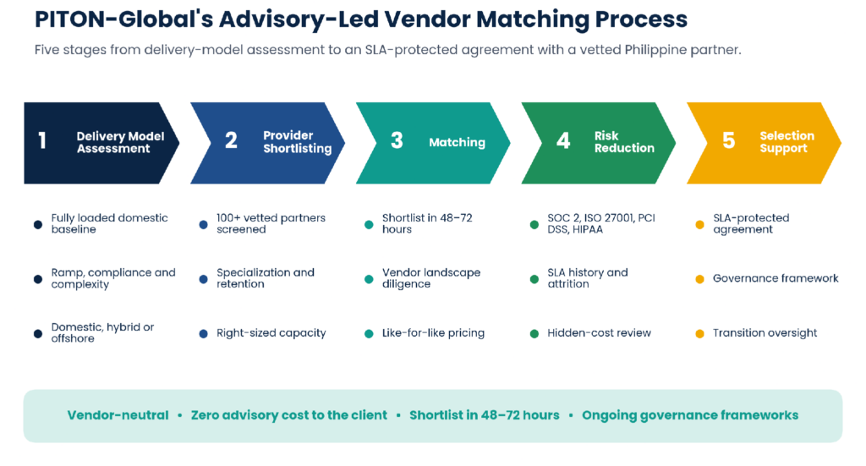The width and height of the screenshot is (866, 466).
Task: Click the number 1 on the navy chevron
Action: (x=42, y=140)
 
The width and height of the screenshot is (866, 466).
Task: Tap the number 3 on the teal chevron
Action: (x=397, y=140)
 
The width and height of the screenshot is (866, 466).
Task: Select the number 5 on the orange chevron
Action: (x=728, y=140)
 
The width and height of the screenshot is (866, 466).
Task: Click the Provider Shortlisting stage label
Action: (x=297, y=142)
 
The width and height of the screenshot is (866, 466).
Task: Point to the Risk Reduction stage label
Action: (x=624, y=142)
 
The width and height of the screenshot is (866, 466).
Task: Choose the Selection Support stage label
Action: (x=787, y=142)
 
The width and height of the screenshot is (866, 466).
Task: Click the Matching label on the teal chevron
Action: (x=457, y=142)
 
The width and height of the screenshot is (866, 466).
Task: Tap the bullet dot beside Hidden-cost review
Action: (x=534, y=333)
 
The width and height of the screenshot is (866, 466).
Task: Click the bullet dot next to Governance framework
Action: (x=699, y=279)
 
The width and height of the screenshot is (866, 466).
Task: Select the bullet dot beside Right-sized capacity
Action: (x=203, y=333)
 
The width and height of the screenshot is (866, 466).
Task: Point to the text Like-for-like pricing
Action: (x=433, y=333)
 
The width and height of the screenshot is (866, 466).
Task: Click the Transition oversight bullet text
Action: (x=765, y=333)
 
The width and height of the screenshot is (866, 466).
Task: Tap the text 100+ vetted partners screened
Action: (x=271, y=223)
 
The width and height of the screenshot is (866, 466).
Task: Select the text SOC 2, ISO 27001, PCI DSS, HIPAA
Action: (x=601, y=223)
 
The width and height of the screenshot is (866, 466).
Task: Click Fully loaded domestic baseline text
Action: (x=109, y=223)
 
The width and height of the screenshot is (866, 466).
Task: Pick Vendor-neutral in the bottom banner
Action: (x=118, y=415)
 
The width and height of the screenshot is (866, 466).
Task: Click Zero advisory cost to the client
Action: (x=289, y=415)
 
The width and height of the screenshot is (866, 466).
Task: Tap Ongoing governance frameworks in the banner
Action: (x=690, y=415)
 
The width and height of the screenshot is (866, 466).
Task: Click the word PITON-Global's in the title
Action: (x=123, y=19)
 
